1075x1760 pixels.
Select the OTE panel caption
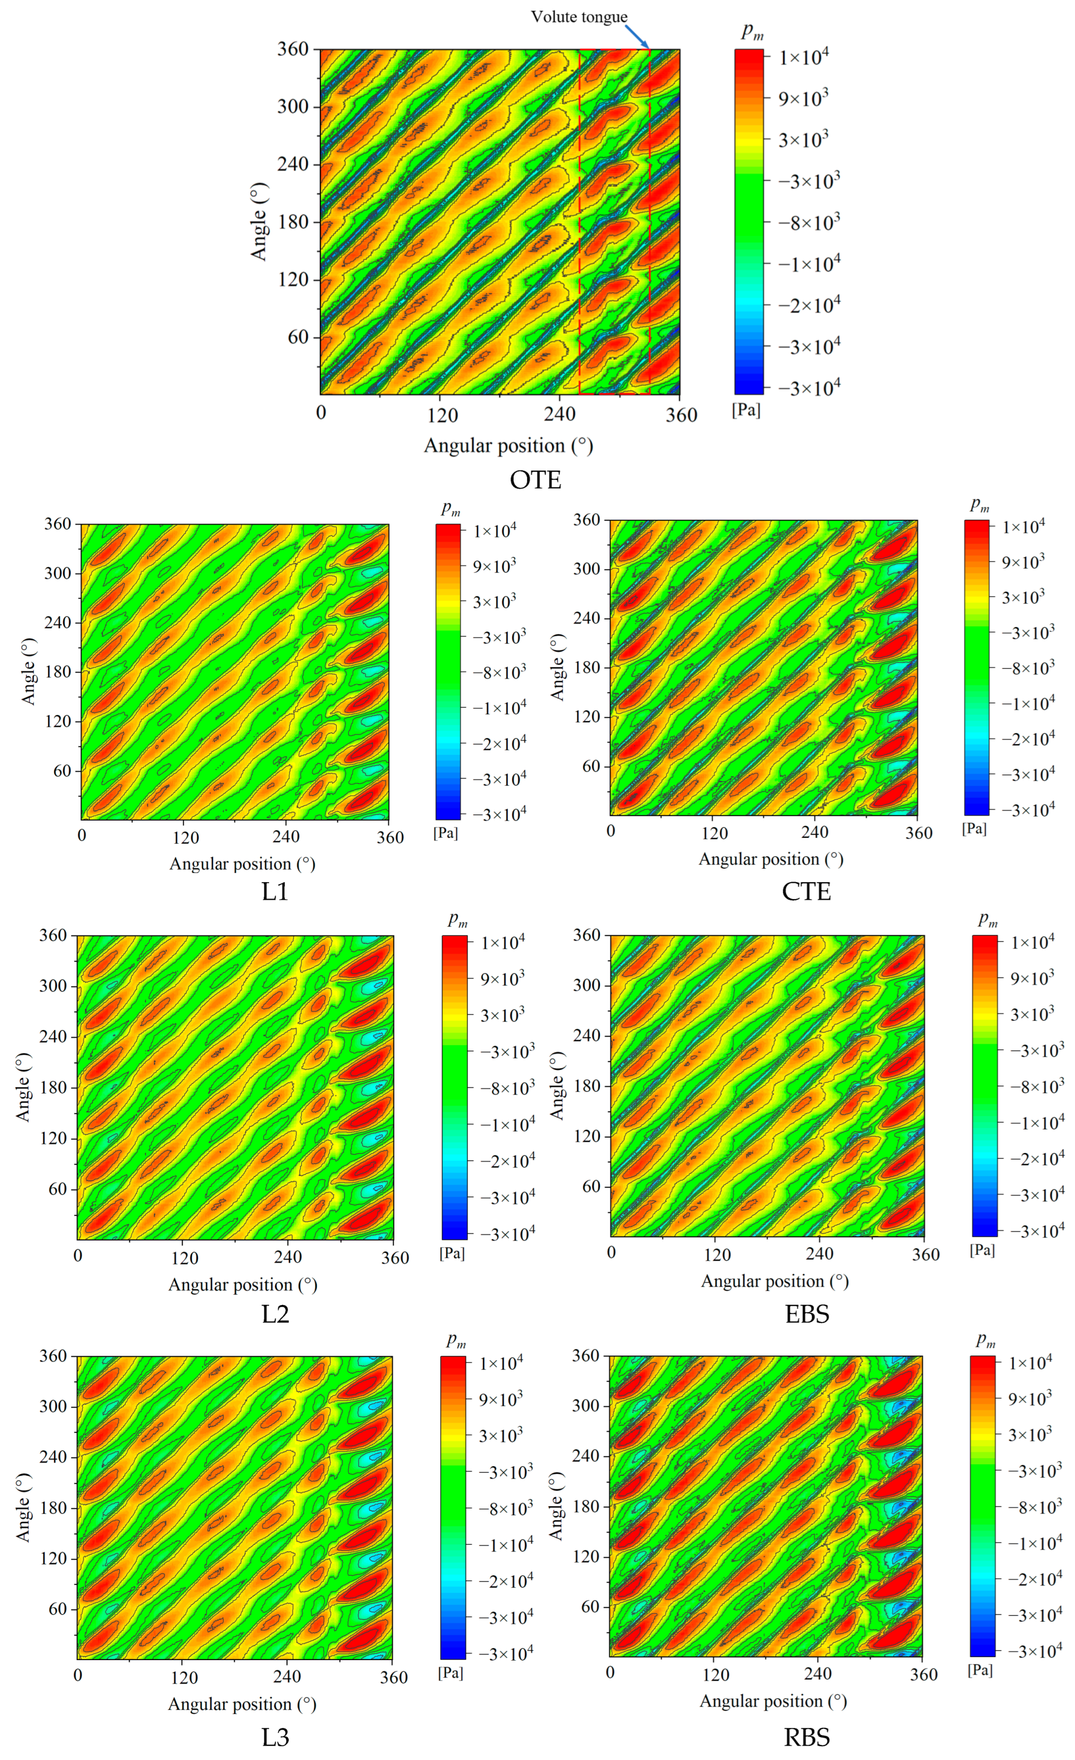pos(535,479)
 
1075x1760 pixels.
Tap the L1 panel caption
pos(275,891)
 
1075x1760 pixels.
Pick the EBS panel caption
pos(806,1313)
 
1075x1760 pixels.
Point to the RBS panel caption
pos(806,1737)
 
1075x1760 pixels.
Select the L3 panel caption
pos(275,1737)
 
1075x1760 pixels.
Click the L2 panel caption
pos(275,1313)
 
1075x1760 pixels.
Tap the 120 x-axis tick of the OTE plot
pos(442,414)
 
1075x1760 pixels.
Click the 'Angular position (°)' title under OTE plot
pos(508,446)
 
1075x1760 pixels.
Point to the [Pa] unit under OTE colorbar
pos(745,410)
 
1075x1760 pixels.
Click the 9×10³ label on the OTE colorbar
pos(803,98)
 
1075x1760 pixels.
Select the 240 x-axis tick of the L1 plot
pos(286,837)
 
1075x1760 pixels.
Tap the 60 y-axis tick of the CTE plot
pos(591,766)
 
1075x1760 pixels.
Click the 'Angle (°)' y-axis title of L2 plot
pos(24,1086)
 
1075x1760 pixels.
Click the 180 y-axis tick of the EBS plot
pos(586,1085)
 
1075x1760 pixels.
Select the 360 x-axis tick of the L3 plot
pos(393,1677)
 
